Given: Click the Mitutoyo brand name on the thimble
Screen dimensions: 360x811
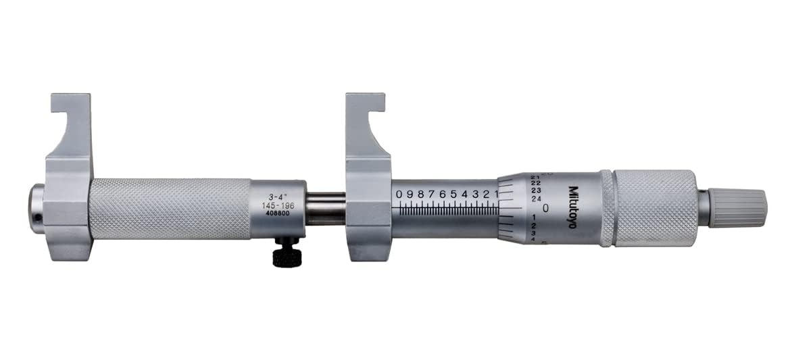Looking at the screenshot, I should tap(572, 207).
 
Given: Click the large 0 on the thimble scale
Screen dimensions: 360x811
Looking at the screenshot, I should tap(544, 208).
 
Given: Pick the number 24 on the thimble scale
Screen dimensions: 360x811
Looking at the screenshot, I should tap(536, 199).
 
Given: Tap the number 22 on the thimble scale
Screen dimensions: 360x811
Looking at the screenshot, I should tap(535, 182).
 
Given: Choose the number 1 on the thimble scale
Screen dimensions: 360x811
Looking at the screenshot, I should tap(535, 217).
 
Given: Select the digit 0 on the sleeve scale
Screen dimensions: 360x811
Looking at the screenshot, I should tap(399, 195).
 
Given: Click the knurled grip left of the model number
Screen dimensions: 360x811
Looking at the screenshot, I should tap(169, 209).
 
